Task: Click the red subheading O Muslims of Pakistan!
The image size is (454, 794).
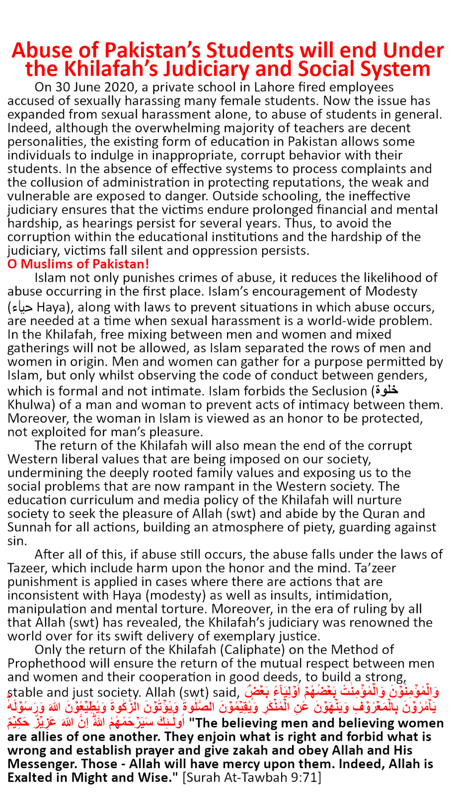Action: click(78, 264)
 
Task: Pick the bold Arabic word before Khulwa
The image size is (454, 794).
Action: click(387, 391)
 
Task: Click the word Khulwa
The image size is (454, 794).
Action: click(28, 405)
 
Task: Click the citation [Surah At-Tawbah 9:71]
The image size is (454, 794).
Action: click(252, 777)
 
